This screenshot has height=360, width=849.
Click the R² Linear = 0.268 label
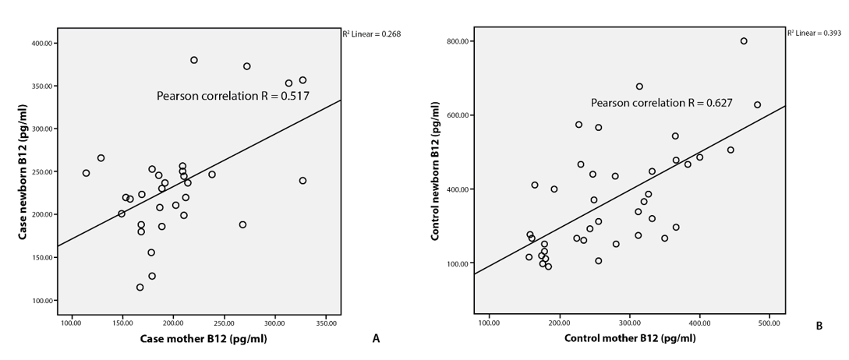(x=371, y=34)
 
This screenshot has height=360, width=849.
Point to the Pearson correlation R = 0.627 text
(x=661, y=102)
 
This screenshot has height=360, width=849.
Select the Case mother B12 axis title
(x=200, y=338)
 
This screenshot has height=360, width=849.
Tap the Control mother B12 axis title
(x=630, y=338)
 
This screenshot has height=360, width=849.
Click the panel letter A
(x=376, y=338)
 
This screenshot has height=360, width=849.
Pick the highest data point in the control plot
(x=744, y=41)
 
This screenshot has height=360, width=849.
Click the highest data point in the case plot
(x=194, y=60)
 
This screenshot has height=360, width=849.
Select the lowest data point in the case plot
(x=140, y=288)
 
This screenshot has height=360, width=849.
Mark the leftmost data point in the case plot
(x=86, y=173)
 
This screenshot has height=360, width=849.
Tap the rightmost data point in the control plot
(x=757, y=104)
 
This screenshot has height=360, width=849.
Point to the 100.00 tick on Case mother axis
(x=71, y=323)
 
